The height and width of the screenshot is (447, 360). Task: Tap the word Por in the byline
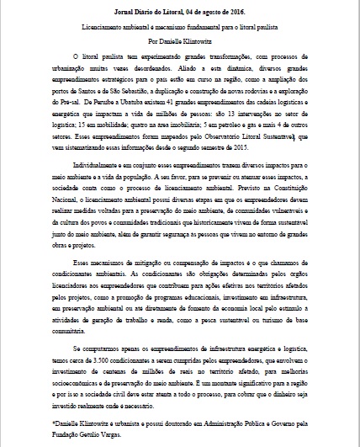tap(152, 39)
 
